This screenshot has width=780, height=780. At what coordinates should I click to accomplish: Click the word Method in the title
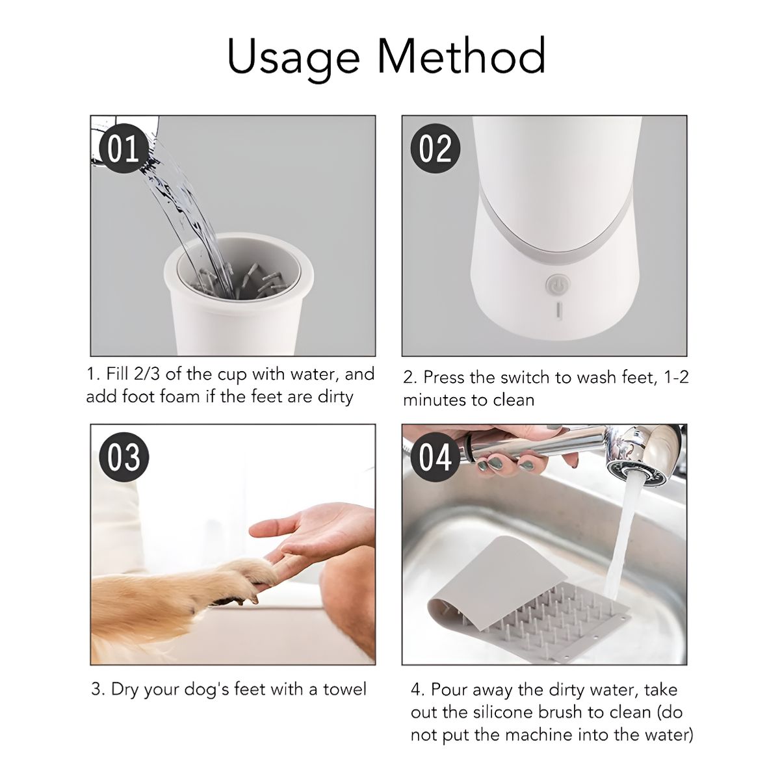tap(462, 55)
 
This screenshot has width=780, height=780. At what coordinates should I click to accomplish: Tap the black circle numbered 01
tap(125, 149)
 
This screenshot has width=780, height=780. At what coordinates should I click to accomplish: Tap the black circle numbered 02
tap(435, 149)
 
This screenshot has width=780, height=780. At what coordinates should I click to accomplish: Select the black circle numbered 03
tap(124, 457)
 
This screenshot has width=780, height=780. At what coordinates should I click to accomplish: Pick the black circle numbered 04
tap(435, 457)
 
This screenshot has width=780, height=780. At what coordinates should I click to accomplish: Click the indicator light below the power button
tap(559, 311)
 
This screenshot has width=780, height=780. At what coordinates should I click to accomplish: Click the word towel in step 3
tap(344, 690)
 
